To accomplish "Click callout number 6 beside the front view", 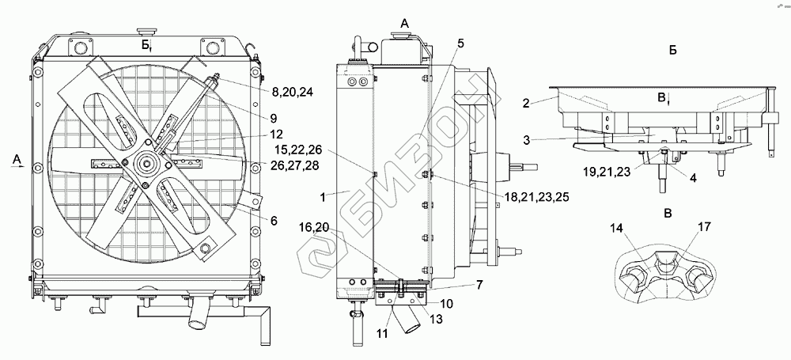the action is [274, 221].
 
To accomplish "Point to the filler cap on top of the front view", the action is [147, 29].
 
